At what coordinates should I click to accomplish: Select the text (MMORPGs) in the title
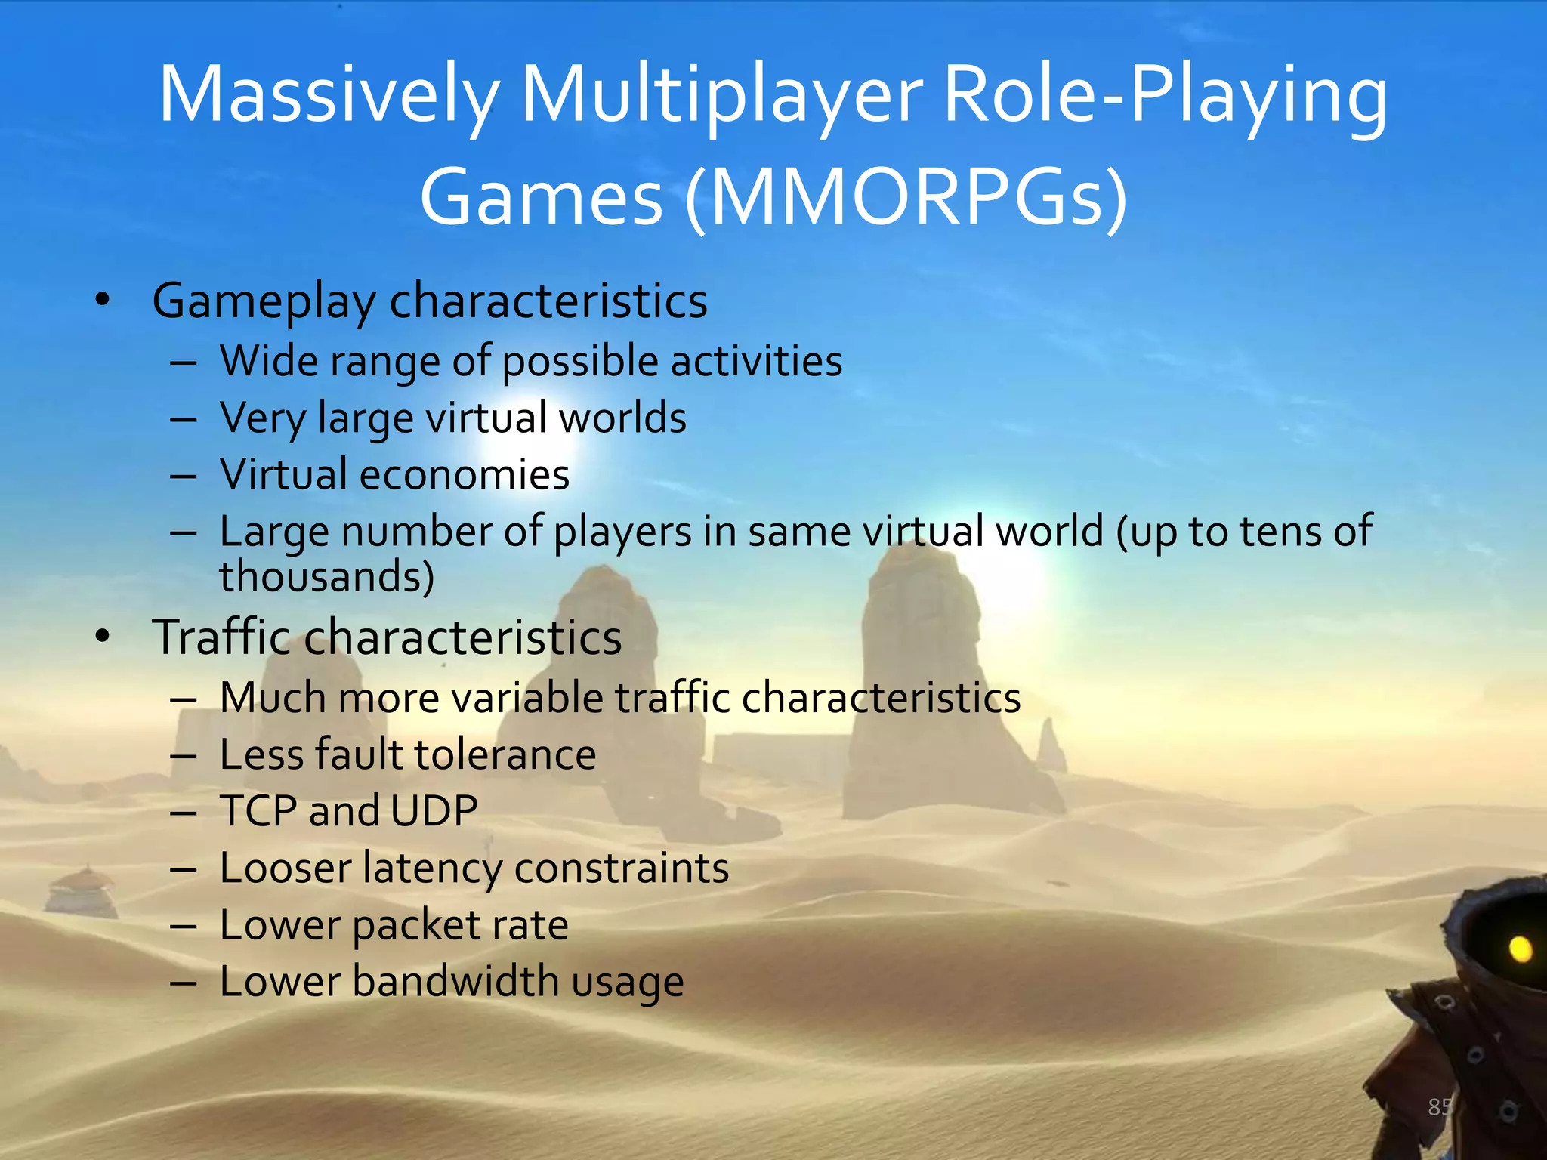[906, 198]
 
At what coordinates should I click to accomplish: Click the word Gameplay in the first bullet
[264, 302]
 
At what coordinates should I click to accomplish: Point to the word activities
[756, 361]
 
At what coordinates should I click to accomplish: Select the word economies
[464, 475]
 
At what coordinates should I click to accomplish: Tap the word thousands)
[326, 577]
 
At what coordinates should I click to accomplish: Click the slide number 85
[1440, 1107]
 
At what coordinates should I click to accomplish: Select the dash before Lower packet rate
[184, 926]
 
